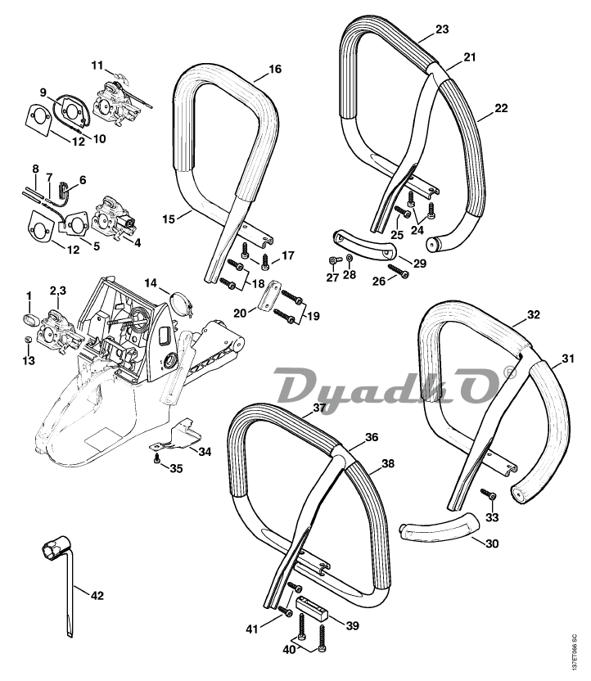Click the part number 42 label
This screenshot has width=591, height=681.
[97, 595]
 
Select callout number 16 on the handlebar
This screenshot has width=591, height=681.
[274, 70]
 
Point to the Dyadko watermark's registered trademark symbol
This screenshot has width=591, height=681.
[511, 374]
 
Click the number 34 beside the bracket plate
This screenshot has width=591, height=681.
[205, 452]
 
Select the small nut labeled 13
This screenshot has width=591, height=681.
[28, 340]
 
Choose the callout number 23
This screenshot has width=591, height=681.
[442, 29]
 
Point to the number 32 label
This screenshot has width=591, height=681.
[533, 315]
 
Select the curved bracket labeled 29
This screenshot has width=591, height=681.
[359, 245]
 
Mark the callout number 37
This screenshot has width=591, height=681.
[319, 408]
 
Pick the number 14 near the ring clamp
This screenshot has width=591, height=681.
[151, 283]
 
